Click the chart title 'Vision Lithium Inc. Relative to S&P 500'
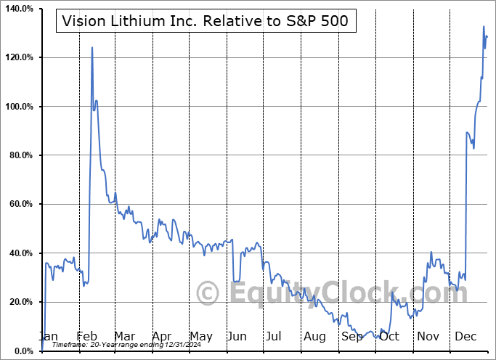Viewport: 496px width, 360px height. (x=206, y=22)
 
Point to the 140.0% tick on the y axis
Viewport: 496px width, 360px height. (x=18, y=9)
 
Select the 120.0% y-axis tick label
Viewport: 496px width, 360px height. (x=18, y=57)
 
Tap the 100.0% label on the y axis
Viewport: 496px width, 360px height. (x=18, y=107)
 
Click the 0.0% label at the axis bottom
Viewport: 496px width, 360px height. (x=23, y=351)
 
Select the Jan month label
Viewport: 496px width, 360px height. (x=48, y=337)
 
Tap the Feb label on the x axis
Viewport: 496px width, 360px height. (x=87, y=337)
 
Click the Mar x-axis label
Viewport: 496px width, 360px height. (x=124, y=337)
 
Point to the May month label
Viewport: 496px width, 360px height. (x=200, y=337)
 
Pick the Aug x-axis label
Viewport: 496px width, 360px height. (x=314, y=337)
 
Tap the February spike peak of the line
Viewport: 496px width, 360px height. (x=92, y=48)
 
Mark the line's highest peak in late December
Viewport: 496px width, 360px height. (x=484, y=27)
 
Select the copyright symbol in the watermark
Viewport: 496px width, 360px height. (x=209, y=294)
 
